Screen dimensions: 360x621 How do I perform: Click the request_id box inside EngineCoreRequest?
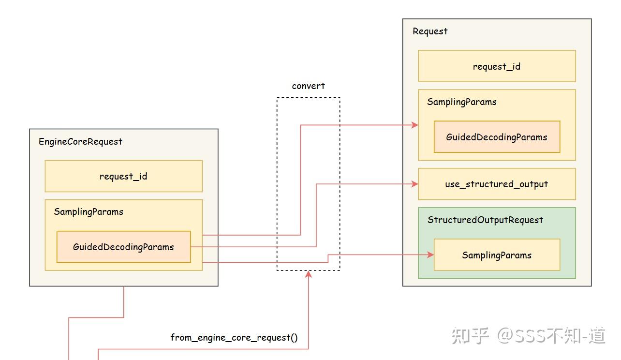(x=123, y=176)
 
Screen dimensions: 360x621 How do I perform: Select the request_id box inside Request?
(x=497, y=66)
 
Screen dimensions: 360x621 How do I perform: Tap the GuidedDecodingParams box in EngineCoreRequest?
(x=123, y=247)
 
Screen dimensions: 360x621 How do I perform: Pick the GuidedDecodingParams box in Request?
(x=497, y=137)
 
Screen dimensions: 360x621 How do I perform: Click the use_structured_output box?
(x=497, y=184)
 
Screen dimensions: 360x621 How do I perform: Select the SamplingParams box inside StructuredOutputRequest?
(x=497, y=255)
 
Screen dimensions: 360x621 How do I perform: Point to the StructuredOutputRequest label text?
(x=485, y=220)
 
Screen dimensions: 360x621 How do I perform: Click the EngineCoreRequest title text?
(x=80, y=141)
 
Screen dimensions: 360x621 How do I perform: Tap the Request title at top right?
(x=430, y=31)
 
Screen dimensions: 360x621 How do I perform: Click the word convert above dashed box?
(x=309, y=86)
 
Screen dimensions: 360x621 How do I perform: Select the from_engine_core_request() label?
(x=234, y=337)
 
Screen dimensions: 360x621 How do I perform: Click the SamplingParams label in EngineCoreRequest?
(x=89, y=211)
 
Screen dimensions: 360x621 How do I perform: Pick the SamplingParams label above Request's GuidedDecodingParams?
(x=461, y=102)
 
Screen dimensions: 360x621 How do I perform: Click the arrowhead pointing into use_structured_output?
(x=414, y=184)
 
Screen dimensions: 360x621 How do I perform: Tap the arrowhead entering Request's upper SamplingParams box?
(x=414, y=125)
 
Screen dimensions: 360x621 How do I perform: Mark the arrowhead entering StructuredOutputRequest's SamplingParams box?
(x=430, y=255)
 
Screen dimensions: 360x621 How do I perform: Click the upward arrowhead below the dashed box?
(x=309, y=274)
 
